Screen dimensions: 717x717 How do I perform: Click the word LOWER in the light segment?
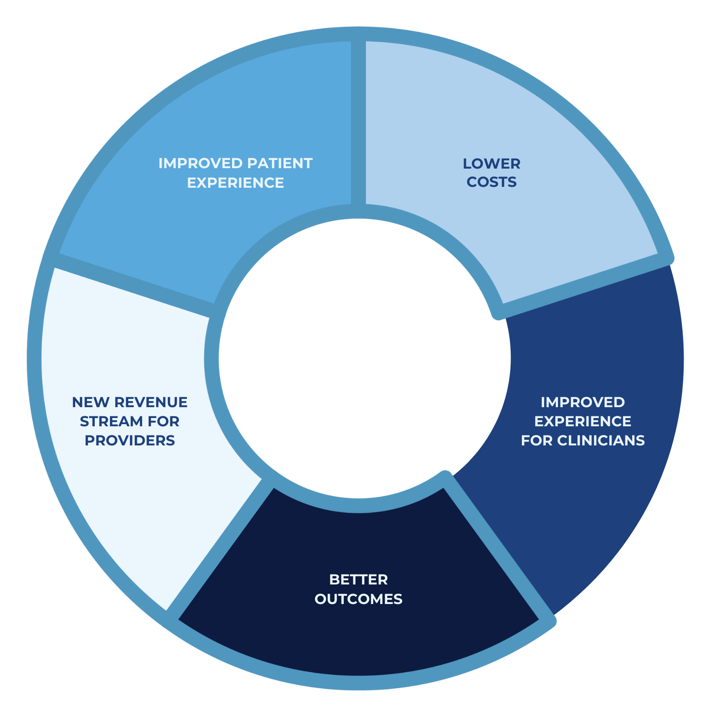coord(491,164)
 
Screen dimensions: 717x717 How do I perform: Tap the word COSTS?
coord(491,182)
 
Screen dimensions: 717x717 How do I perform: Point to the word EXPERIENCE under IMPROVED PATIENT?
coord(236,183)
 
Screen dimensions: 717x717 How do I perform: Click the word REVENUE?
coord(151,402)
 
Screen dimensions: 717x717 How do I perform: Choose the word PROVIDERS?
coord(129,441)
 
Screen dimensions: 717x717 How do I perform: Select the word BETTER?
coord(358,580)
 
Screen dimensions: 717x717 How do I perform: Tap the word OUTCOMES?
coord(358,599)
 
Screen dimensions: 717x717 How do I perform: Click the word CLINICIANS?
coord(601,441)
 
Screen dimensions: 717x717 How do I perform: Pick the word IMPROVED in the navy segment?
coord(583,402)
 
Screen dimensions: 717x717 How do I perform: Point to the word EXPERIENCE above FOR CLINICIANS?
coord(583,422)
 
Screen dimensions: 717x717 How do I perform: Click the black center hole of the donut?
coord(364,359)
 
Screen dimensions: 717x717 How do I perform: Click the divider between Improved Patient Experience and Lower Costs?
coord(358,122)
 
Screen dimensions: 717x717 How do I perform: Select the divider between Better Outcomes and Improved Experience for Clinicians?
coord(500,548)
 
